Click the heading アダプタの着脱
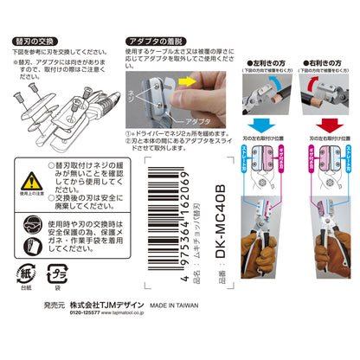(152, 40)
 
